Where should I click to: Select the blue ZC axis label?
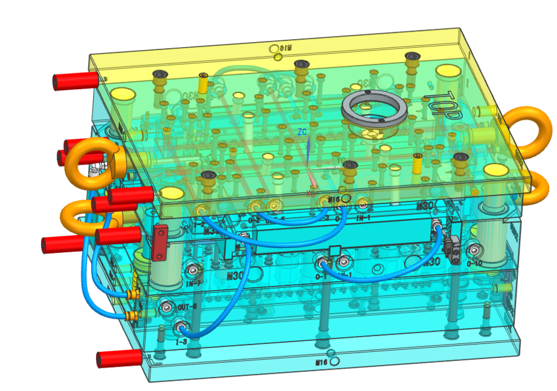[301, 132]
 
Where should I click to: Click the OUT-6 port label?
[187, 307]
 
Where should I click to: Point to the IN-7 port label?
[194, 283]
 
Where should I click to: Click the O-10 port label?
[474, 263]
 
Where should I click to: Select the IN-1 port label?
[364, 217]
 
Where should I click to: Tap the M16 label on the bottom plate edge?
[322, 362]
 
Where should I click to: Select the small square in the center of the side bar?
[334, 250]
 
